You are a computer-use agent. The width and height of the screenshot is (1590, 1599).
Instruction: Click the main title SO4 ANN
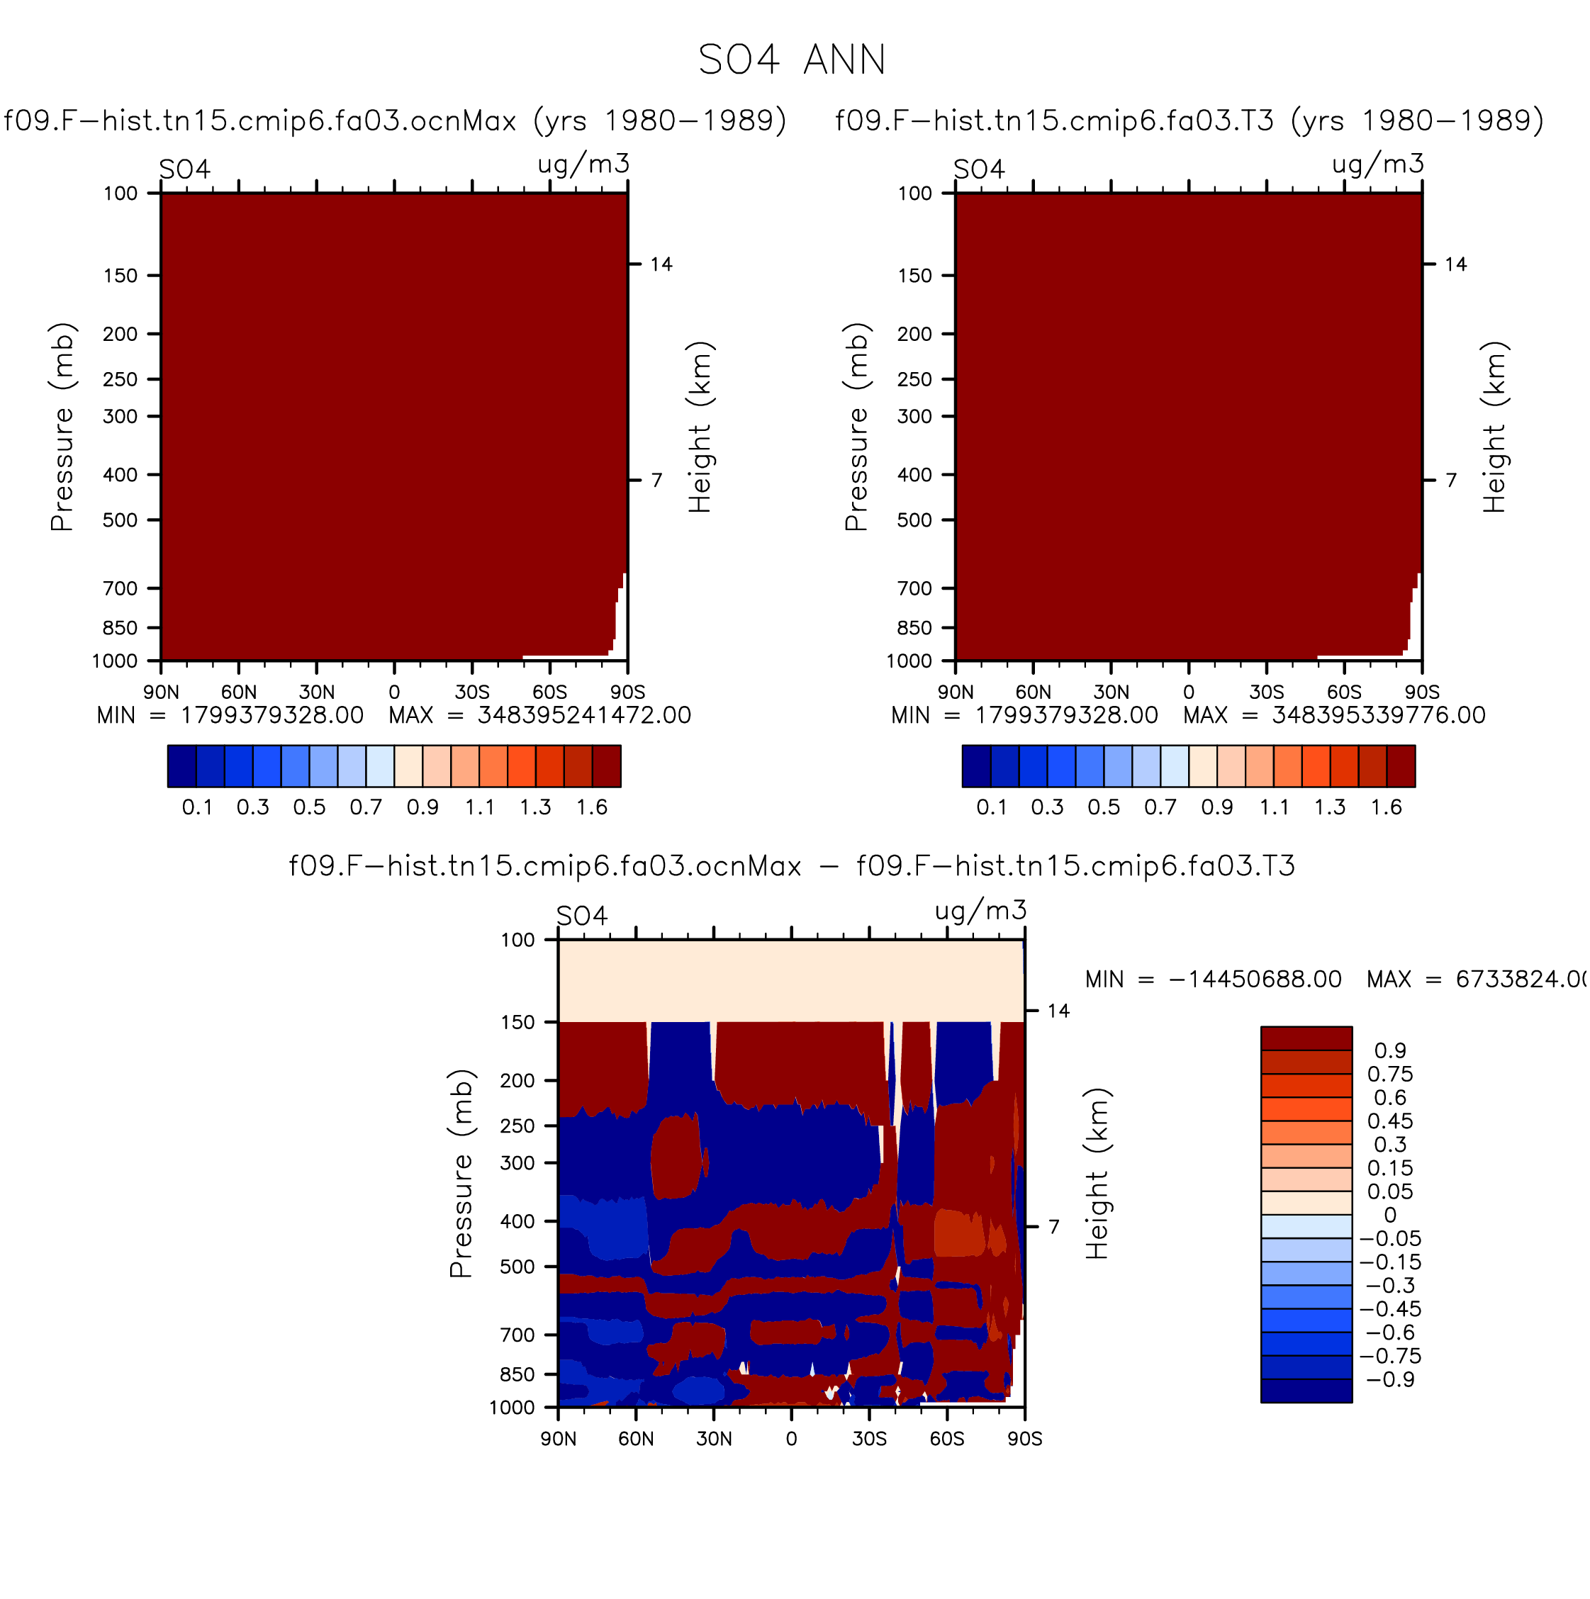(792, 60)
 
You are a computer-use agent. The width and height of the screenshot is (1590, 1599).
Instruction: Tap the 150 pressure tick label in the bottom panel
(518, 1022)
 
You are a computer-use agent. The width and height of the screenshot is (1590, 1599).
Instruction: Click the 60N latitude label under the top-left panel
(238, 692)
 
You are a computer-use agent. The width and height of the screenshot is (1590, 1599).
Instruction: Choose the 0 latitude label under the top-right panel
(1189, 692)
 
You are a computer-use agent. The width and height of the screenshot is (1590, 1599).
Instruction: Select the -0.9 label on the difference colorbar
(1391, 1380)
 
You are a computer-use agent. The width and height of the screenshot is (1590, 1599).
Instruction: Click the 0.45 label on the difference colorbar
(1391, 1121)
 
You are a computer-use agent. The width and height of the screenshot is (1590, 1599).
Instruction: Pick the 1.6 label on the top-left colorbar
(593, 807)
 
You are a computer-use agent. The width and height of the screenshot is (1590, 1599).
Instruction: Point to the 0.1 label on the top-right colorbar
(992, 807)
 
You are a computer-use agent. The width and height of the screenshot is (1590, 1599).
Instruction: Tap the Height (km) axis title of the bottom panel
(1097, 1174)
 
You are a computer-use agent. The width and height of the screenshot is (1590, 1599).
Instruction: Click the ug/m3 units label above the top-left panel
(583, 164)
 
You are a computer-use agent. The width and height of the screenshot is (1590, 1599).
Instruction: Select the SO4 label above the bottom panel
(582, 915)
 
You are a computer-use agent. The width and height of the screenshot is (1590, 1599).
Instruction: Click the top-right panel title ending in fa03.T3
(1189, 120)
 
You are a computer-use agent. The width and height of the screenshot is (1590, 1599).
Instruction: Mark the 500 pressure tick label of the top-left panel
(120, 520)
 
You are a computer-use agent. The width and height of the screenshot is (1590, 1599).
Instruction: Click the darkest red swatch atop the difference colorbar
(1306, 1038)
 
